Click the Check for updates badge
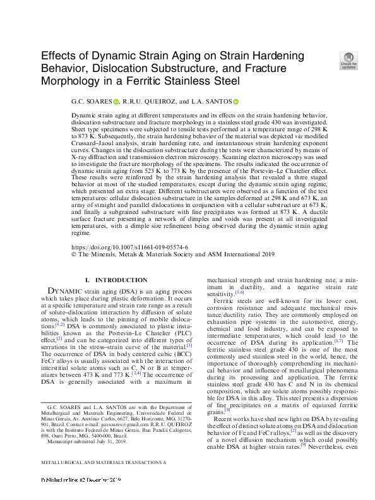pos(348,59)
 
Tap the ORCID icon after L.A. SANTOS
pos(235,101)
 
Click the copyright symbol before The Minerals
pos(74,254)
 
